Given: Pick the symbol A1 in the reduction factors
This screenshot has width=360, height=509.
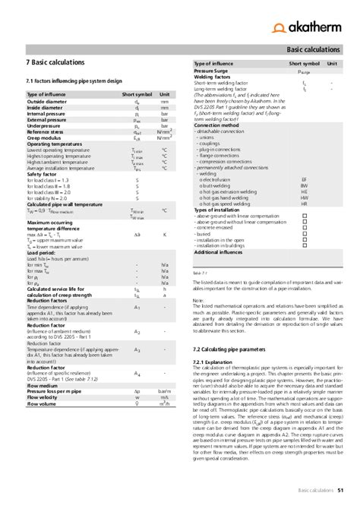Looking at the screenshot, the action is [137, 307].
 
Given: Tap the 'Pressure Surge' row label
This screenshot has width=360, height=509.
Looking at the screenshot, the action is [216, 72].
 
